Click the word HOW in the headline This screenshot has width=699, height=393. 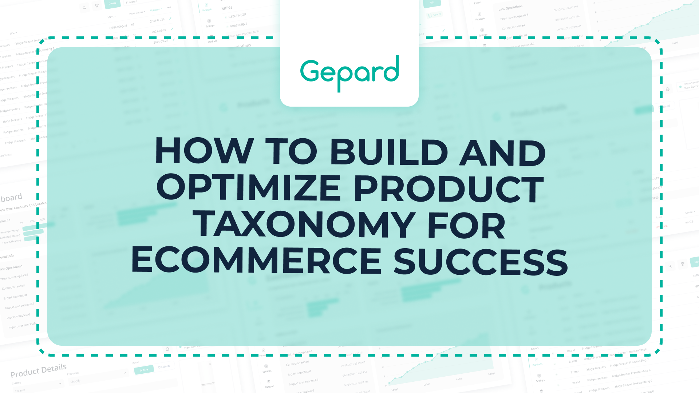pos(204,151)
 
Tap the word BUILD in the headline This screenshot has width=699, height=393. pos(388,151)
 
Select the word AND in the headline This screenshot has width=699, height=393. pos(503,152)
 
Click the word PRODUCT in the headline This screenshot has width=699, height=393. pos(449,188)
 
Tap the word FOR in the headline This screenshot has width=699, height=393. pos(467,225)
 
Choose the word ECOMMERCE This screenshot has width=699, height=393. pos(256,261)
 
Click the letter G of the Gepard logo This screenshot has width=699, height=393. pos(310,71)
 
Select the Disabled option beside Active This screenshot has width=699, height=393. pos(164,367)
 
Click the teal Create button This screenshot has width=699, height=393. pos(112,4)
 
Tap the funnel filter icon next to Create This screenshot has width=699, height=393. pos(97,6)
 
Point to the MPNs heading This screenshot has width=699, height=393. pos(227,8)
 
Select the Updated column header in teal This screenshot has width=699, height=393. pos(155,10)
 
